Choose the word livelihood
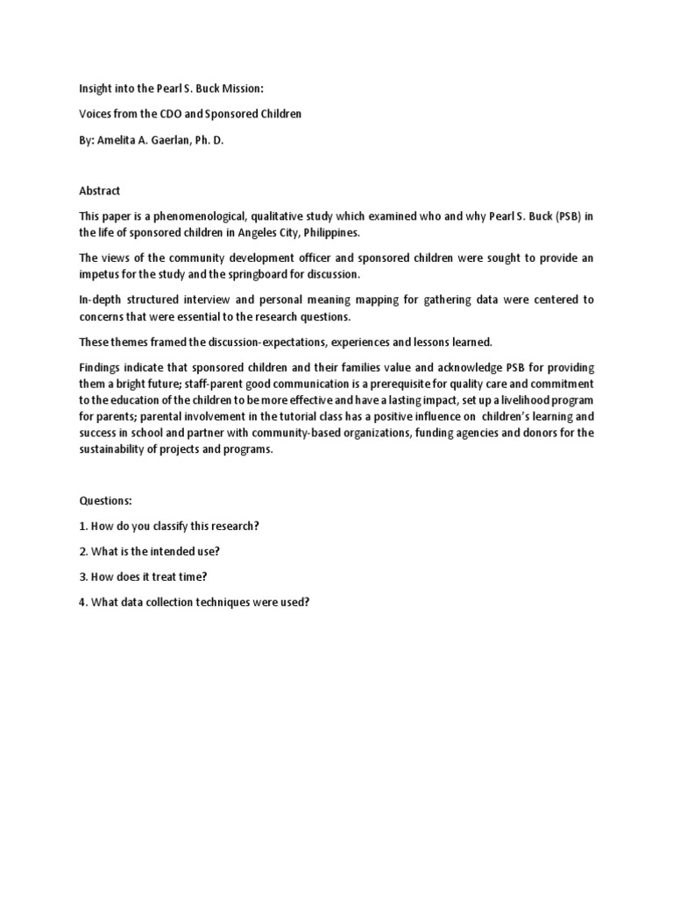tap(527, 400)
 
